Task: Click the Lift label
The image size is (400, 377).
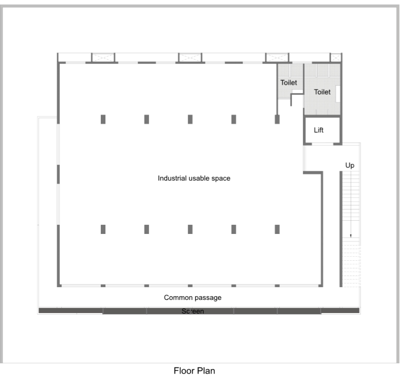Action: pos(318,130)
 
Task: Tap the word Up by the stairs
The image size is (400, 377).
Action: pos(350,165)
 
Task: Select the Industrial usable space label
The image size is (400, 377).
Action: pos(194,178)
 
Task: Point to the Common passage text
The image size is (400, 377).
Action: pos(193,298)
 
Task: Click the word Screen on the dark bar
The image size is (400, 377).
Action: pos(193,311)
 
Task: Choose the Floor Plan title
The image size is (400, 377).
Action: pos(194,370)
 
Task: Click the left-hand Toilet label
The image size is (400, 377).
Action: pos(288,83)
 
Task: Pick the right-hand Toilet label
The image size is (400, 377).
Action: pos(322,92)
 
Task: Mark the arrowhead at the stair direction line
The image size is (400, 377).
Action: pos(351,236)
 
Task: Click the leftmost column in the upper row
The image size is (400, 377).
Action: pos(103,119)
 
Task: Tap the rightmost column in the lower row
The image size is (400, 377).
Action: pos(277,229)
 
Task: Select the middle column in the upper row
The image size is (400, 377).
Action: pos(190,119)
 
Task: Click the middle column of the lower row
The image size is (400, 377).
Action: pos(190,229)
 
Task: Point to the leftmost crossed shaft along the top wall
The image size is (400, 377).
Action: pos(103,57)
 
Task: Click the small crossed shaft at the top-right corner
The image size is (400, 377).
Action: pos(336,57)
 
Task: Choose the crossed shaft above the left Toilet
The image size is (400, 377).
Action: pos(277,57)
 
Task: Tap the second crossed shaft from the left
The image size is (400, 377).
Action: pos(190,57)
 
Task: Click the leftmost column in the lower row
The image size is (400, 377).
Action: pos(103,229)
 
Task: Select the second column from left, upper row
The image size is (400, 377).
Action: pos(147,119)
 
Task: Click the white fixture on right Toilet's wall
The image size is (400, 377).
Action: pos(338,94)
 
